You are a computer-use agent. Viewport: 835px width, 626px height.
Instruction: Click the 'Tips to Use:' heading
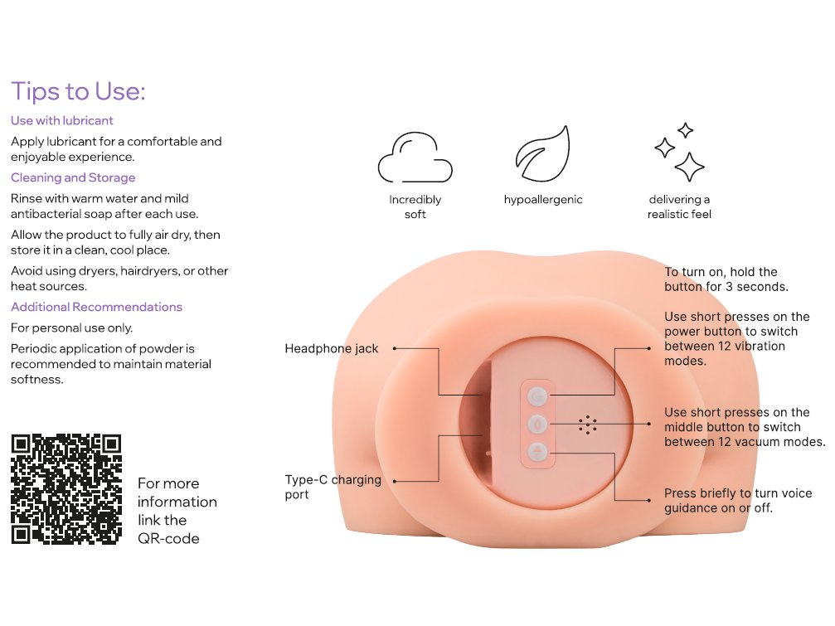(x=78, y=91)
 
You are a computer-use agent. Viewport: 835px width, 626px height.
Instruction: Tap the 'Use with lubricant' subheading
(x=61, y=121)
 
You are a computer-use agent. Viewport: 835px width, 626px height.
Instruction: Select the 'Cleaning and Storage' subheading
(x=73, y=177)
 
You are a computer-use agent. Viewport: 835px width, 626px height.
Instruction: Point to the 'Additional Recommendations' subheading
(x=96, y=307)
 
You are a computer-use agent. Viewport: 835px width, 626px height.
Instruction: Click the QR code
(x=66, y=489)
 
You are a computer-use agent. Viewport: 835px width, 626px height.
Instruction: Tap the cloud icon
(x=415, y=157)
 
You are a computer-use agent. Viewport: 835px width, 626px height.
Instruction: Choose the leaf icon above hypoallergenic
(x=542, y=154)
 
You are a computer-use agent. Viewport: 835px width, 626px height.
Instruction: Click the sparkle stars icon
(x=679, y=153)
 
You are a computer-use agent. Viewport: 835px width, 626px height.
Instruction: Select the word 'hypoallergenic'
(x=543, y=200)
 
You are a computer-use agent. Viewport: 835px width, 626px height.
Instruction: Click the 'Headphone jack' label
(x=331, y=349)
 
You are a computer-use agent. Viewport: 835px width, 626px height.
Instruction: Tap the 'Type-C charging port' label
(x=333, y=487)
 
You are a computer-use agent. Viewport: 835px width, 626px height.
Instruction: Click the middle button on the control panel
(x=537, y=425)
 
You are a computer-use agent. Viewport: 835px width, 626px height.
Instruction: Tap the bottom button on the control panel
(x=537, y=453)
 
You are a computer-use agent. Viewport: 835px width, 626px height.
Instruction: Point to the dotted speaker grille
(x=587, y=425)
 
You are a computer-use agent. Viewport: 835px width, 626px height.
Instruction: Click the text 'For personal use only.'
(x=72, y=328)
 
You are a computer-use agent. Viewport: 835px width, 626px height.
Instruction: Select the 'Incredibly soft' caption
(x=415, y=207)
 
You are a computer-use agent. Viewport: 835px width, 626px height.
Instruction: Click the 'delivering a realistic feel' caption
(x=679, y=207)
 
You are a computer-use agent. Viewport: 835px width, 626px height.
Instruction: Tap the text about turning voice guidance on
(x=738, y=500)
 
